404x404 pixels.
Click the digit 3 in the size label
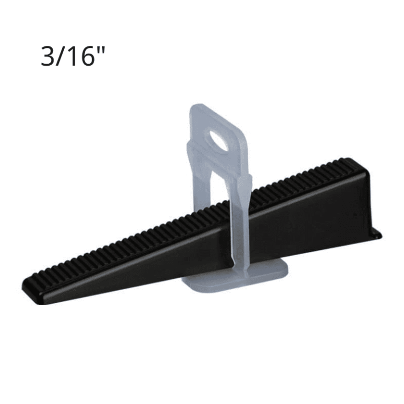[x=48, y=56]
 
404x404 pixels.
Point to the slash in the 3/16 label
[x=62, y=56]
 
